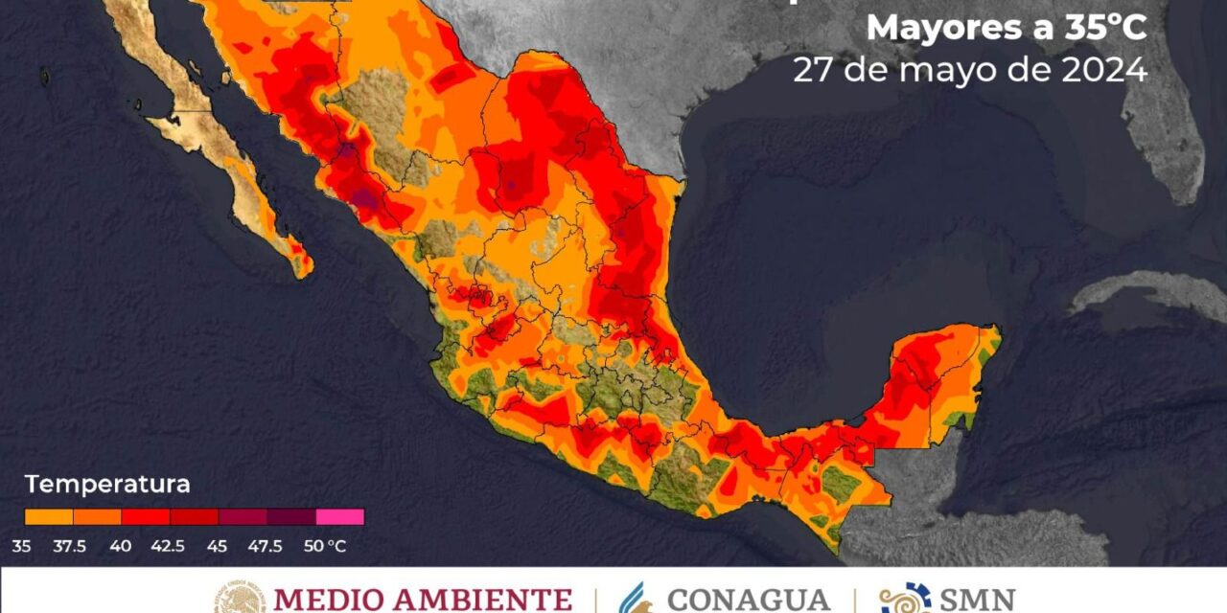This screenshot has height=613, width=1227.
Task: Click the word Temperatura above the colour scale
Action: pyautogui.click(x=107, y=485)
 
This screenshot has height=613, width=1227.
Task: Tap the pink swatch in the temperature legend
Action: pyautogui.click(x=339, y=516)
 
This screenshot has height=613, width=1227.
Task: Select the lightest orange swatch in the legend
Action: pyautogui.click(x=49, y=516)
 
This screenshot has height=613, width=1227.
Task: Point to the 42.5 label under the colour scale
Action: pyautogui.click(x=170, y=546)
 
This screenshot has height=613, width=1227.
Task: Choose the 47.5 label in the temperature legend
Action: pyautogui.click(x=266, y=546)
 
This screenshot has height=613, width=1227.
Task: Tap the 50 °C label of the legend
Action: pyautogui.click(x=325, y=546)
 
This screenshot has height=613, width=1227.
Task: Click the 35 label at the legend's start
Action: pyautogui.click(x=22, y=546)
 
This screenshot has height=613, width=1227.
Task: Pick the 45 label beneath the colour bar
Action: pyautogui.click(x=218, y=546)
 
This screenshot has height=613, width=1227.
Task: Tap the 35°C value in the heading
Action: pyautogui.click(x=1102, y=29)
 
